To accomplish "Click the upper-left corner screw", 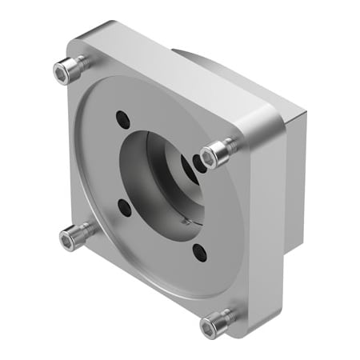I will (x=68, y=70).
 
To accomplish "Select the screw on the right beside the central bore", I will (x=214, y=154).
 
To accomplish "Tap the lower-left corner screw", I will (x=74, y=235).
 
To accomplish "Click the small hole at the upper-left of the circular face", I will (x=122, y=118).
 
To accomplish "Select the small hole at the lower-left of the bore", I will (x=124, y=206).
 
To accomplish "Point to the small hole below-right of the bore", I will (x=199, y=254).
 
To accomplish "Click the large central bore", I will (x=160, y=180).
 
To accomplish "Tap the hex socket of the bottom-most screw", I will (x=210, y=325).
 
